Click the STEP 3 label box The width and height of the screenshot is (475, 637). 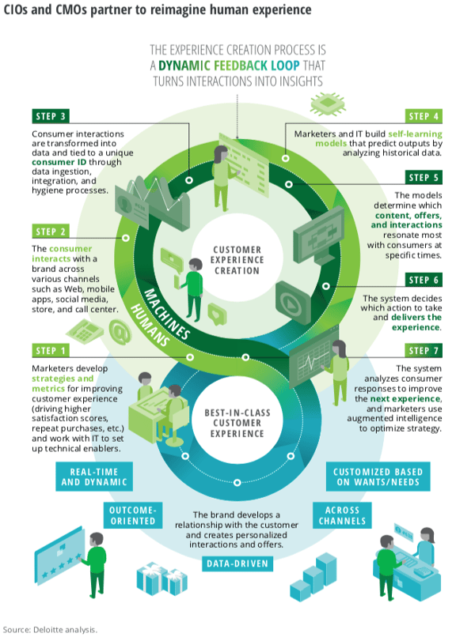[x=51, y=116]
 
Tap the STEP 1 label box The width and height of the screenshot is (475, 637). [x=51, y=350]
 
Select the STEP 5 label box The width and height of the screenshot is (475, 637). [x=424, y=178]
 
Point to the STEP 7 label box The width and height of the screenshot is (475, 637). [x=424, y=350]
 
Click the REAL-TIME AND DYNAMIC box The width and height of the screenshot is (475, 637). [x=94, y=477]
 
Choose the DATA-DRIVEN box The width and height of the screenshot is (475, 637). [x=237, y=563]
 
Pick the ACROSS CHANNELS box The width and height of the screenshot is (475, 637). [x=342, y=515]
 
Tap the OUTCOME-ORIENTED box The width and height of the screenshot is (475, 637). [x=133, y=515]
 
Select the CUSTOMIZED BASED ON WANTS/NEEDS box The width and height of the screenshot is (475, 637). [x=378, y=477]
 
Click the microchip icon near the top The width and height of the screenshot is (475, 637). [x=328, y=104]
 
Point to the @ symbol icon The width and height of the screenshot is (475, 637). [x=120, y=332]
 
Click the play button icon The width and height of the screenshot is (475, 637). [x=293, y=303]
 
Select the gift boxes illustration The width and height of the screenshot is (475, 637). [x=161, y=579]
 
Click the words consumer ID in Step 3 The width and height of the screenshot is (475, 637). [x=59, y=162]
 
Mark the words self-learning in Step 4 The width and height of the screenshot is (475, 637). [x=415, y=134]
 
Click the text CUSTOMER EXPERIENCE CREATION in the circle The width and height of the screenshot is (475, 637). [x=237, y=260]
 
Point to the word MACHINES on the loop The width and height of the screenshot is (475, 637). [x=167, y=314]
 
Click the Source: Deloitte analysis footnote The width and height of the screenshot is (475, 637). [x=50, y=630]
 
